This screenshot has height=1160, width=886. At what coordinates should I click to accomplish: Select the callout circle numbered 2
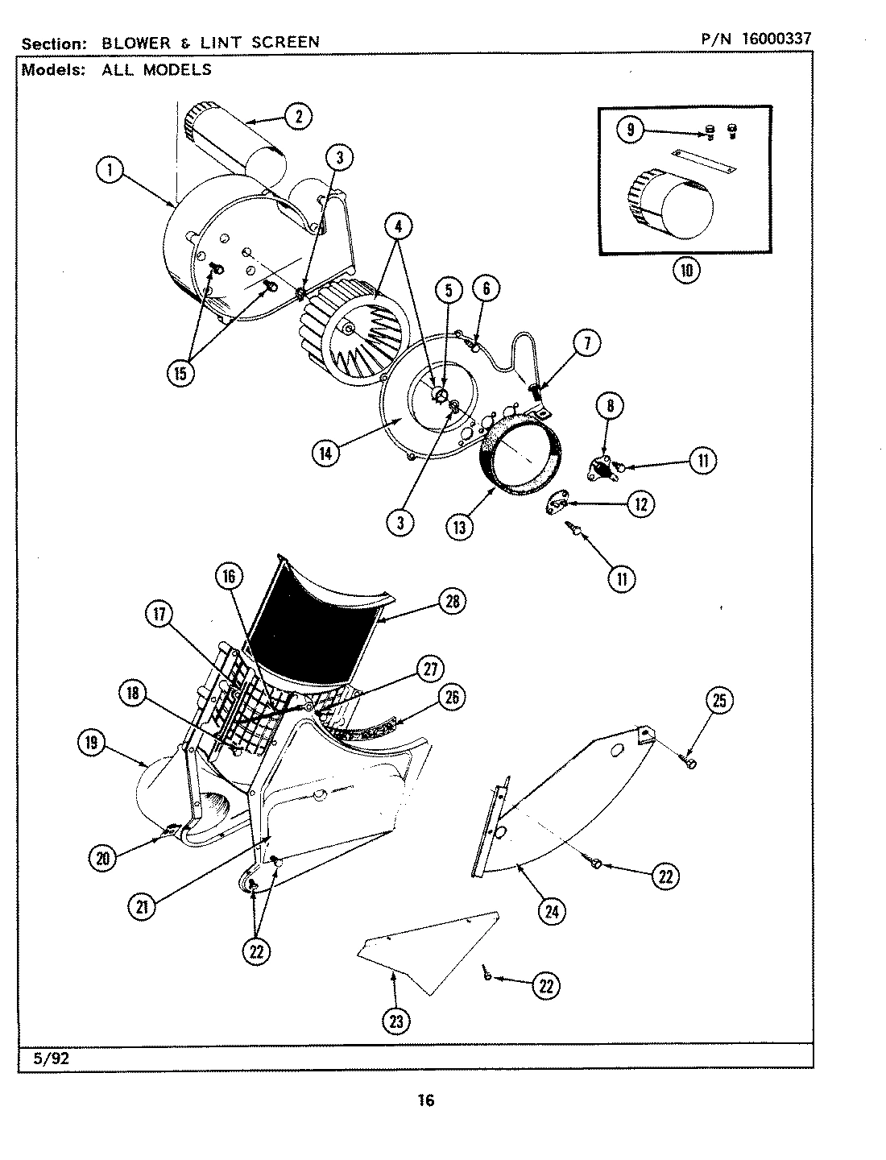click(298, 118)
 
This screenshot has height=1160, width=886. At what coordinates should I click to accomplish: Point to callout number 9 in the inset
click(631, 130)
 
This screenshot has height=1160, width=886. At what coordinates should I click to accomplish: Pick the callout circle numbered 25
click(719, 701)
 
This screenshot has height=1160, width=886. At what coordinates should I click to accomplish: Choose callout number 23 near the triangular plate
click(395, 1021)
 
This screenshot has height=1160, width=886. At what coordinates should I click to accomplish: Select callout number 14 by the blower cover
click(326, 453)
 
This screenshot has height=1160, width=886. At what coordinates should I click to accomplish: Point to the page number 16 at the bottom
click(426, 1100)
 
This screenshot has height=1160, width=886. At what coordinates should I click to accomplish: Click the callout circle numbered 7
click(586, 344)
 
